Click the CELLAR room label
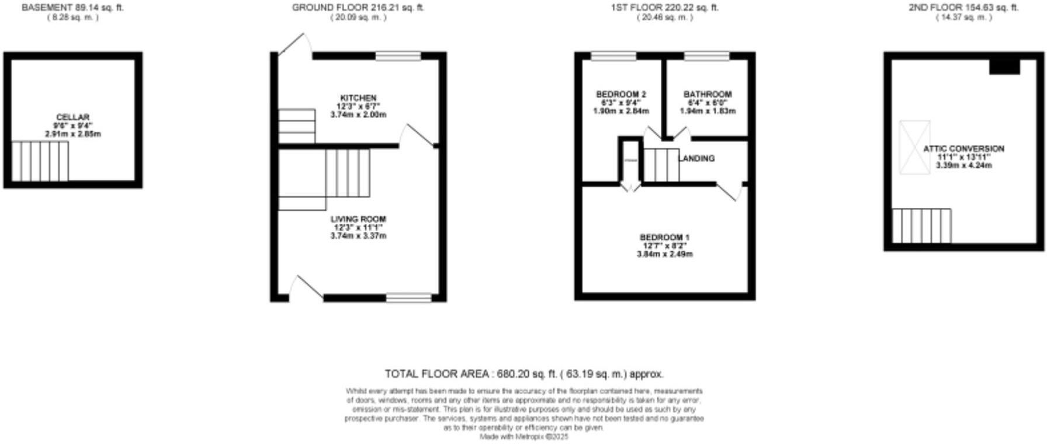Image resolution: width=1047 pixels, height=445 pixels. click(72, 117)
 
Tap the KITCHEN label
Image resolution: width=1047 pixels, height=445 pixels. click(358, 98)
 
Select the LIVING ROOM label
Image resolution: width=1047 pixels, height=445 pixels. click(358, 219)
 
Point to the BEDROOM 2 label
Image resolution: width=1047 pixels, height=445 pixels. click(620, 95)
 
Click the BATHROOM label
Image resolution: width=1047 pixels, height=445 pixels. click(708, 95)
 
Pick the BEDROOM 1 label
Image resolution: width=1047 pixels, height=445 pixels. click(664, 237)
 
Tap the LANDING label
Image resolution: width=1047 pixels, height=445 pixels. click(697, 158)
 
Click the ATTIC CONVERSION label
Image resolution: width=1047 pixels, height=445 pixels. click(963, 149)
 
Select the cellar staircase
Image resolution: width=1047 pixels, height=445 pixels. click(40, 161)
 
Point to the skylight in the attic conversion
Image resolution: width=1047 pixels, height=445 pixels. click(914, 147)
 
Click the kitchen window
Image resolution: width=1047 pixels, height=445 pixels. click(398, 56)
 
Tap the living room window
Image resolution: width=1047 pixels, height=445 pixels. click(408, 298)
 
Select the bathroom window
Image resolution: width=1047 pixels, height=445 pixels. click(707, 56)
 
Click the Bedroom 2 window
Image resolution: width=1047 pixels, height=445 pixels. click(613, 56)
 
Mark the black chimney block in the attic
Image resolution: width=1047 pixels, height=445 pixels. click(1004, 67)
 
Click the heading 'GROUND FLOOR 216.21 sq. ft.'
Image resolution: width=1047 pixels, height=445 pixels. click(358, 8)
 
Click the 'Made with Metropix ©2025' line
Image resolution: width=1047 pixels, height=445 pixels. click(523, 436)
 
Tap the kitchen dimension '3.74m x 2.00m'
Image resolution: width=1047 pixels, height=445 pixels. click(358, 115)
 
